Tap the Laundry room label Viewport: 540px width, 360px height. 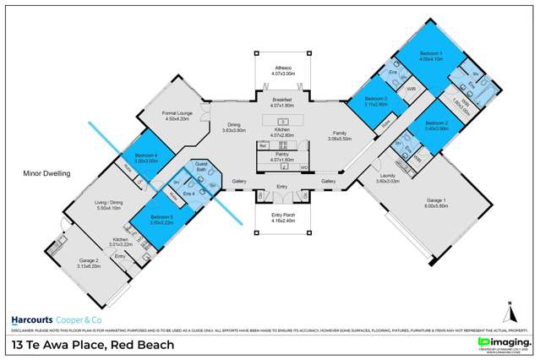388,176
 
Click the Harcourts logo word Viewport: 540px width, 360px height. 30,320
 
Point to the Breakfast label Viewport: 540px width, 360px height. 270,101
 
